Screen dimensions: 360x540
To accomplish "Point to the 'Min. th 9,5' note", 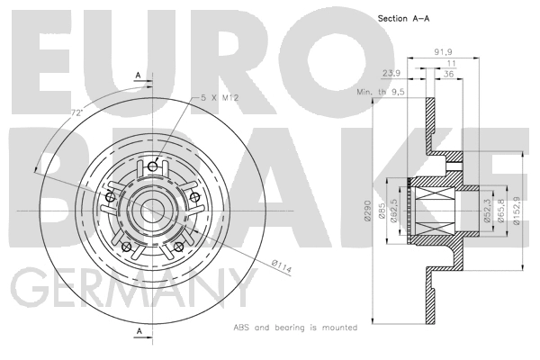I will (382, 92).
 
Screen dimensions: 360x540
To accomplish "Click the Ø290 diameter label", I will (368, 209).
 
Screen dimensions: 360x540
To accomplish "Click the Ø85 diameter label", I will (382, 213).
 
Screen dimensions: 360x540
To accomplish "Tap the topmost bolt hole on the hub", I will (153, 165).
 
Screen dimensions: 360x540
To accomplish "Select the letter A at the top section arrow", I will (138, 75).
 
